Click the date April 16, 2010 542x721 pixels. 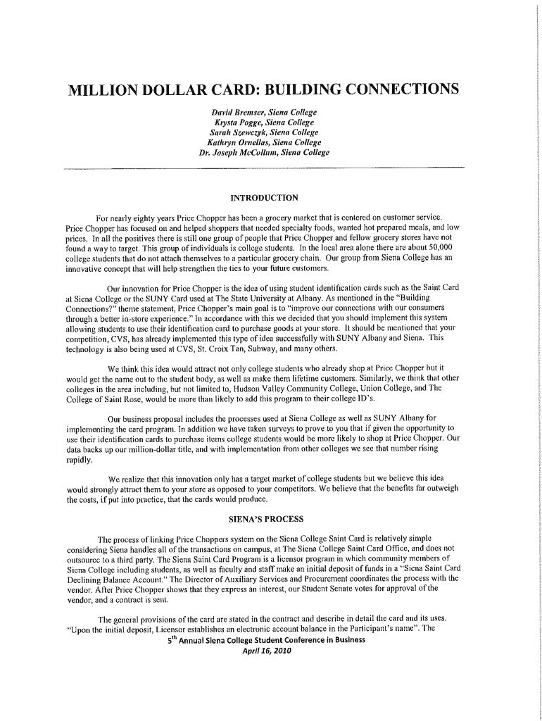[x=265, y=651]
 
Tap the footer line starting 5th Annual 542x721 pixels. [x=266, y=640]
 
